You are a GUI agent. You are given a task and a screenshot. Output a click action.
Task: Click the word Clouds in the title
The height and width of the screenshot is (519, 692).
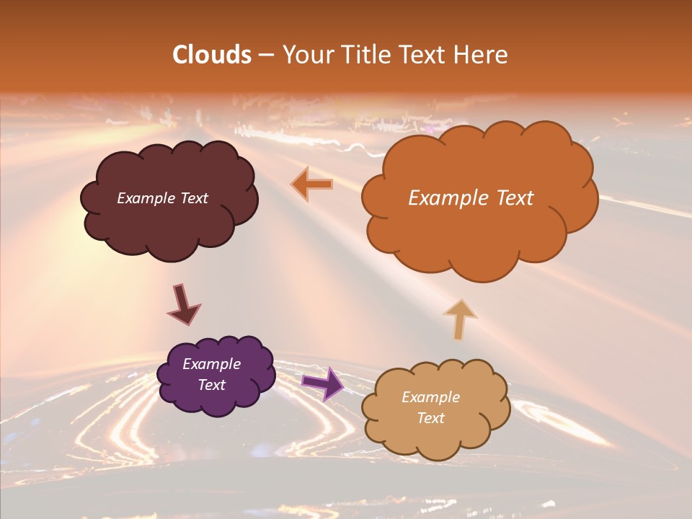coord(212,55)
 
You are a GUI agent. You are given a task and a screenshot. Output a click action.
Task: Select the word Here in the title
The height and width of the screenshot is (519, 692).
coord(482,55)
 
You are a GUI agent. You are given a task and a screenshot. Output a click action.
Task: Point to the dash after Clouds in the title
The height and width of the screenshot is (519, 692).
coord(265,56)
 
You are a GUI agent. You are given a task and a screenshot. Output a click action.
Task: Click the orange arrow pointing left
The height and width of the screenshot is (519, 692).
coord(311,185)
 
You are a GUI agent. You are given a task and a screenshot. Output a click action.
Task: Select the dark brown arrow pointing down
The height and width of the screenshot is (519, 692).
coord(183,304)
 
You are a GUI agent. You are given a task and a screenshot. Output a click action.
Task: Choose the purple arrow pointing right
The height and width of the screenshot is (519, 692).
coord(322,383)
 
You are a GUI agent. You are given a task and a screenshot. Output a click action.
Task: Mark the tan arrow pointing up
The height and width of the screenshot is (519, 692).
coord(459,318)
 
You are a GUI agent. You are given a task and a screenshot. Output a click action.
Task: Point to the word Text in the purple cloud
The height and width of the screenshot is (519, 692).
coord(212,385)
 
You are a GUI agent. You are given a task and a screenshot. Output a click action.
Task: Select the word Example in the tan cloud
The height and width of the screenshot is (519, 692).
coord(430,397)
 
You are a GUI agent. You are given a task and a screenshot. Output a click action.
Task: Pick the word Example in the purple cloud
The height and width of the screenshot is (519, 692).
coord(212,364)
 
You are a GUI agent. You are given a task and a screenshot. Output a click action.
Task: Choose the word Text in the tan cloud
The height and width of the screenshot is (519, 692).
coord(430,418)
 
